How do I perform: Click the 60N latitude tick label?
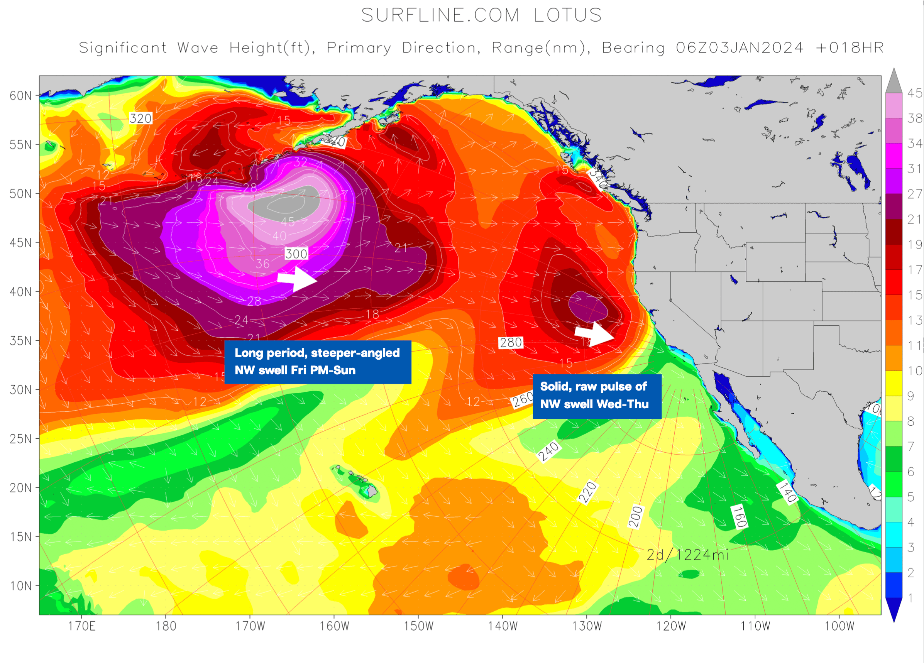coord(20,96)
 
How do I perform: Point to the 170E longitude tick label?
coord(82,626)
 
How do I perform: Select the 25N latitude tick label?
coord(20,439)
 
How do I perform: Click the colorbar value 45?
coord(915,93)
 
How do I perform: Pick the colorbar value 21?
coord(915,220)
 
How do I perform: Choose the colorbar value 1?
coord(911,598)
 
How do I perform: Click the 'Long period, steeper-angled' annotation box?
coord(317,362)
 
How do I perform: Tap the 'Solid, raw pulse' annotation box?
coord(597,396)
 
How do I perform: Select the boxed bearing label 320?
coord(140,118)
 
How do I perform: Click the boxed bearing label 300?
coord(296,254)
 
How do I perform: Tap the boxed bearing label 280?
coord(511,342)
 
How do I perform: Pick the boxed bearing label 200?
coord(636,516)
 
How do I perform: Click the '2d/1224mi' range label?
coord(687,555)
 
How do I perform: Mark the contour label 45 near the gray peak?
coord(288,222)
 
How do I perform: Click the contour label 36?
coord(262,264)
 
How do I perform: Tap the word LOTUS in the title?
coord(567,15)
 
